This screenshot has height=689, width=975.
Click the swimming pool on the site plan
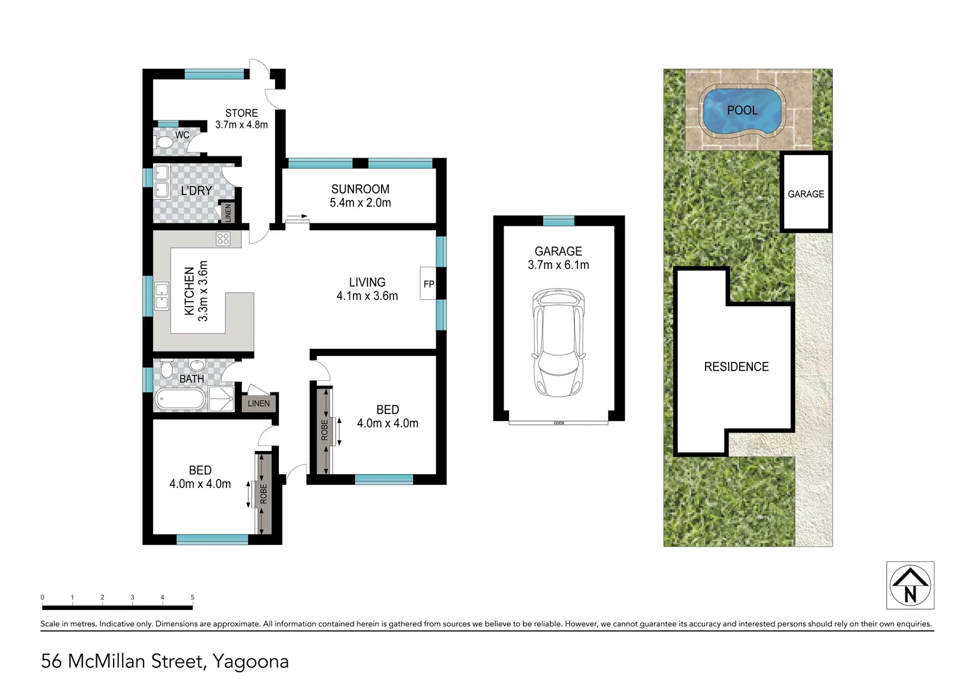click(x=741, y=112)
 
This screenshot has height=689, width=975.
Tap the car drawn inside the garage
click(x=558, y=342)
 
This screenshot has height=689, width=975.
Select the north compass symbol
click(x=910, y=585)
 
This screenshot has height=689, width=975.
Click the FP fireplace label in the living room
click(x=429, y=284)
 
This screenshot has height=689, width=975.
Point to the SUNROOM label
click(x=360, y=189)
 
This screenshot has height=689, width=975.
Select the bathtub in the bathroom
click(x=180, y=400)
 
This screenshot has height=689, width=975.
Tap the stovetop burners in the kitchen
click(x=223, y=239)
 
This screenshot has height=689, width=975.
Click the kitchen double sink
click(x=162, y=297)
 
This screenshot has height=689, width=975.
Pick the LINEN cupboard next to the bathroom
click(x=258, y=403)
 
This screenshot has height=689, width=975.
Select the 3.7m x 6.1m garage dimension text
click(x=558, y=265)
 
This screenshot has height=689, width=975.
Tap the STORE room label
click(x=241, y=113)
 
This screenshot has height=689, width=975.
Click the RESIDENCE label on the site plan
click(x=736, y=367)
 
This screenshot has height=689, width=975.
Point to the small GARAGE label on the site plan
click(x=805, y=194)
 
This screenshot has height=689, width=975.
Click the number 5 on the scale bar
click(x=192, y=598)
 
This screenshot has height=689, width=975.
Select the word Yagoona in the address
click(x=250, y=662)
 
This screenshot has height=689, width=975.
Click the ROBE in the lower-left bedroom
click(x=264, y=493)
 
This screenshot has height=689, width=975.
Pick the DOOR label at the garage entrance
click(x=559, y=423)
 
